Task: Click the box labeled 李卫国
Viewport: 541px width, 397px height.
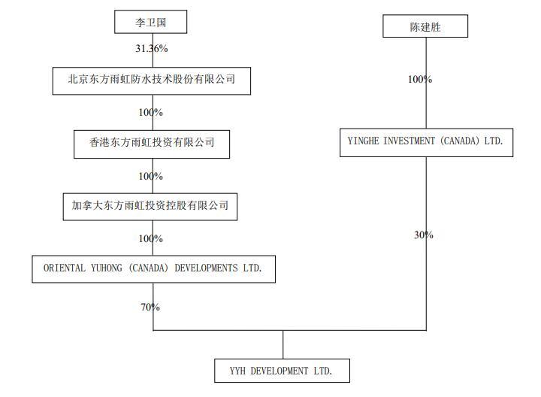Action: point(150,23)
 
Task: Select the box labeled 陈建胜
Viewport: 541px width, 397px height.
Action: point(425,28)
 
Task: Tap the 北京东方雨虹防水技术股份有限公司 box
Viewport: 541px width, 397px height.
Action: point(151,79)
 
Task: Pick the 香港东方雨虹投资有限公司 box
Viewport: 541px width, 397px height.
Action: point(152,142)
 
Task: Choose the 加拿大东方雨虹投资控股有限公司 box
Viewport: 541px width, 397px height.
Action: point(150,205)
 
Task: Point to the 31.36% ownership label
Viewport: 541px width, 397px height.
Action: point(151,49)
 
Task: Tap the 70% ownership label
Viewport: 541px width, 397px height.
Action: point(150,307)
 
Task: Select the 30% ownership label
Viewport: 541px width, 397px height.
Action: point(424,235)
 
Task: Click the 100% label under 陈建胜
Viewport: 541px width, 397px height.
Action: point(420,79)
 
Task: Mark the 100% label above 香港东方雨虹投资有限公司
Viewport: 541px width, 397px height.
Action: point(150,112)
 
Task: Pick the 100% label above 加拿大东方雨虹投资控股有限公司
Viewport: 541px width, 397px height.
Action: point(150,176)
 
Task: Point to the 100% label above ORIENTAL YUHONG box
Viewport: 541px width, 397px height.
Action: point(150,238)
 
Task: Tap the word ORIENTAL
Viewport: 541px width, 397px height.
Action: point(65,268)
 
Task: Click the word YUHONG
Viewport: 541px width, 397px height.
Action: point(109,268)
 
